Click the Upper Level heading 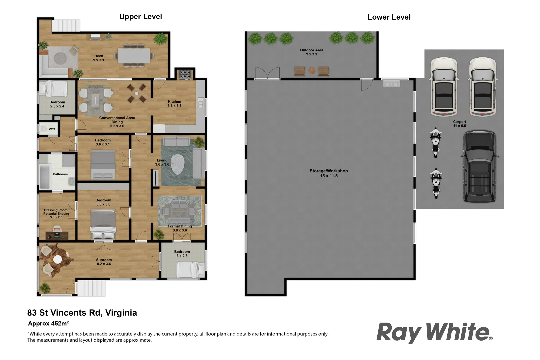tap(140, 17)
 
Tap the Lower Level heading tap(389, 17)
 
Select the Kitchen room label tap(174, 104)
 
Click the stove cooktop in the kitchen tap(185, 74)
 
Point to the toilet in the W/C tap(43, 129)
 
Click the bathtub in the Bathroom tap(44, 176)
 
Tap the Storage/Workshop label tap(329, 173)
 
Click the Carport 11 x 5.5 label tap(459, 124)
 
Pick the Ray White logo tap(433, 332)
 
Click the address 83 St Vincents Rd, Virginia tap(82, 313)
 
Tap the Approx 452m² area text tap(48, 323)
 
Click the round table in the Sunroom tap(58, 259)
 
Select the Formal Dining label tap(180, 228)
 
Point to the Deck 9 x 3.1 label tap(98, 58)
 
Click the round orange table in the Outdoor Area tap(312, 71)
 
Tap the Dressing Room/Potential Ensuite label tap(56, 214)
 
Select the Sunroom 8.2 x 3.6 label tap(104, 262)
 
